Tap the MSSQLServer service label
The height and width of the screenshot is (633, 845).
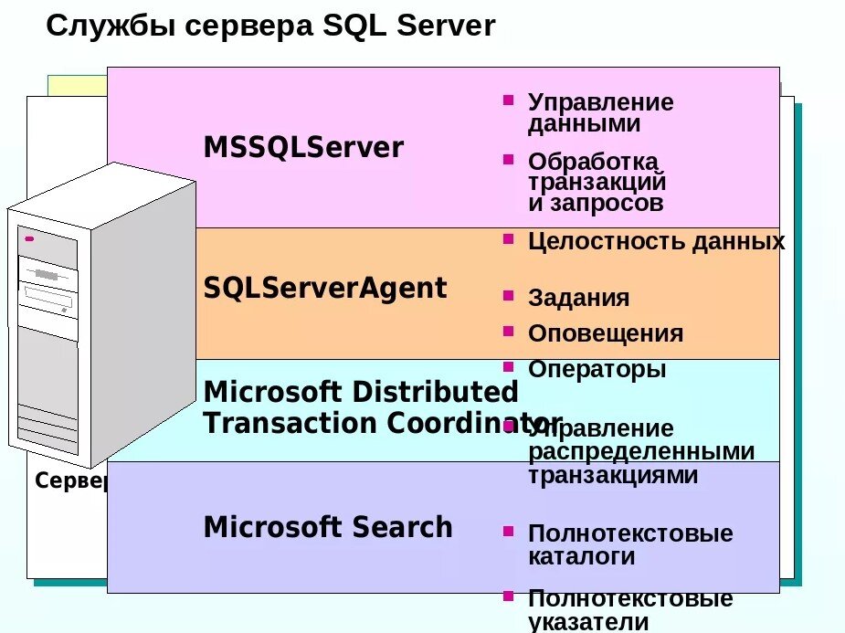click(x=303, y=148)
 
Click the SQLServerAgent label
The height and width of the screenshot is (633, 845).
click(x=325, y=289)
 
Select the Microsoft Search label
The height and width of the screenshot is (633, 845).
click(x=328, y=527)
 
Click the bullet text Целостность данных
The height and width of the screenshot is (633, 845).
click(x=656, y=242)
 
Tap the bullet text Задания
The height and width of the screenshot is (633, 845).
click(x=578, y=299)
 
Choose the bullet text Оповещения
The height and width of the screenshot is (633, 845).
click(x=605, y=333)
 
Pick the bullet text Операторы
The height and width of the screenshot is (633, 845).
click(x=597, y=370)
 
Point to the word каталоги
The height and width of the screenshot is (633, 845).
click(x=581, y=556)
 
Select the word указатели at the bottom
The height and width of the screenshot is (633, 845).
click(x=588, y=622)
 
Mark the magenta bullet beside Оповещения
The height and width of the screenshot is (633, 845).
click(x=508, y=330)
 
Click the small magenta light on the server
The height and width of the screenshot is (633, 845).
click(x=29, y=239)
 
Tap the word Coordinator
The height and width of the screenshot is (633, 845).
click(x=474, y=424)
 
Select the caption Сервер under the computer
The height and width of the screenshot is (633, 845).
click(x=71, y=481)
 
